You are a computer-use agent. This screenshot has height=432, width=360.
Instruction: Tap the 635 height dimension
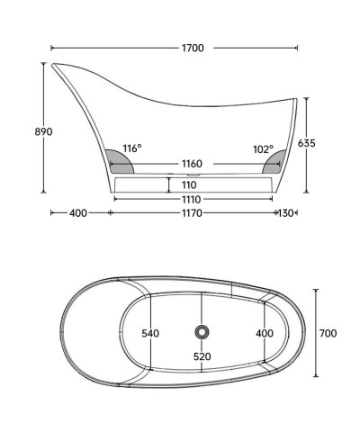tap(331, 142)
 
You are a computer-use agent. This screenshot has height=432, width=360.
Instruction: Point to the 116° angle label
tap(132, 148)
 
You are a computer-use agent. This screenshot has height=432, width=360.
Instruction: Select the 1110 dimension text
tap(190, 199)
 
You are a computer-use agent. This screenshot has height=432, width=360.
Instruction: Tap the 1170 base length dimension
tap(191, 214)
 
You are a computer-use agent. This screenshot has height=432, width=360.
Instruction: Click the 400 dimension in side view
tap(77, 214)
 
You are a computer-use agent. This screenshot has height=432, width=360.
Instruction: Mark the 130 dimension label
tap(288, 214)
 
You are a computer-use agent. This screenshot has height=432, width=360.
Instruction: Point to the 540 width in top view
tap(150, 334)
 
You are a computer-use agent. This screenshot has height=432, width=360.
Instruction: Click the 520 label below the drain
tap(202, 356)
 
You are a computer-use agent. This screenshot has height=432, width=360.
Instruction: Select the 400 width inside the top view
tap(263, 334)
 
